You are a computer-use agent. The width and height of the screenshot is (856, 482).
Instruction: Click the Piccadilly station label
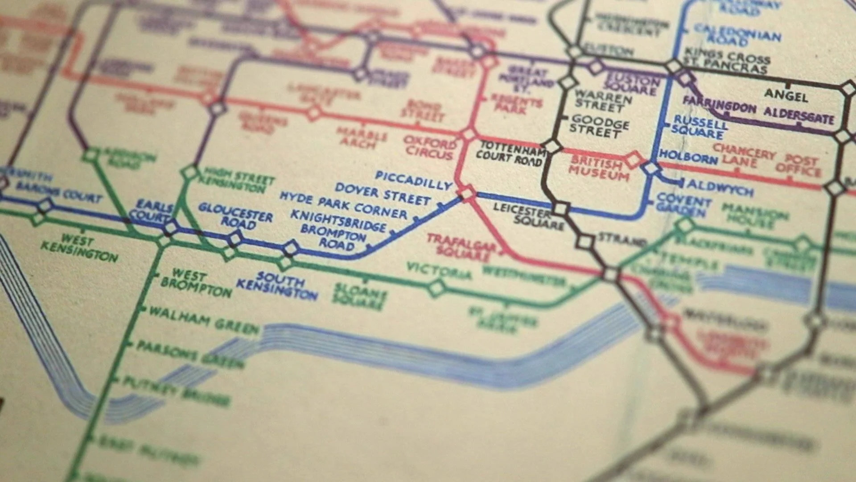413,180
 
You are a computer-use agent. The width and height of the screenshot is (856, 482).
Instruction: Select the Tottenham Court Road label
511,152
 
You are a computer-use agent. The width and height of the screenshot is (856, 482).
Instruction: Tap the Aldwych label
720,187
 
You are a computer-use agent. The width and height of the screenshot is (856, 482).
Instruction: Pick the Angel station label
786,95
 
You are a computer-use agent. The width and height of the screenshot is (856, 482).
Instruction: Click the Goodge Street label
600,126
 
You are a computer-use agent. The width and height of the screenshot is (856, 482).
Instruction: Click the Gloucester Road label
235,216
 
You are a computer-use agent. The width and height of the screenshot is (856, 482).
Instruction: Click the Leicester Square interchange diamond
560,208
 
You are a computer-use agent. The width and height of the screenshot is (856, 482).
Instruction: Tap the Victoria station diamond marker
436,288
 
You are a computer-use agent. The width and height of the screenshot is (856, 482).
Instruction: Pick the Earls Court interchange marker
170,228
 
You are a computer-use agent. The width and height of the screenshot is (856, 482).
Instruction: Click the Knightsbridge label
338,220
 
